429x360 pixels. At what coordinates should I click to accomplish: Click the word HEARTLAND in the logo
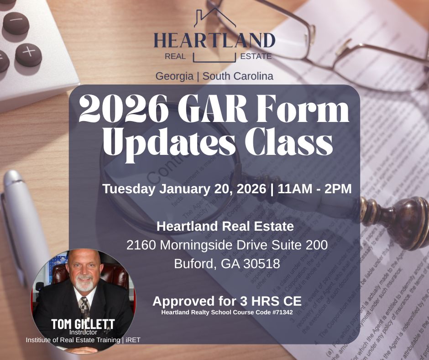[x=214, y=40]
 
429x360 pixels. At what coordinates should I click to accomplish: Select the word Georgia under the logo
[x=174, y=76]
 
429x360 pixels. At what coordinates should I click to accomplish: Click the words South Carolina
[x=238, y=76]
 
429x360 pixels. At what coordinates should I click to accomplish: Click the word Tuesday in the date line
[x=129, y=189]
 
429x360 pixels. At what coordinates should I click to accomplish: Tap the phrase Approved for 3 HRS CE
[x=227, y=302]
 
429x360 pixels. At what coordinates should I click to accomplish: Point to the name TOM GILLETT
[x=83, y=324]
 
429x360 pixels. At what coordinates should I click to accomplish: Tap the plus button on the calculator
[x=28, y=54]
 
